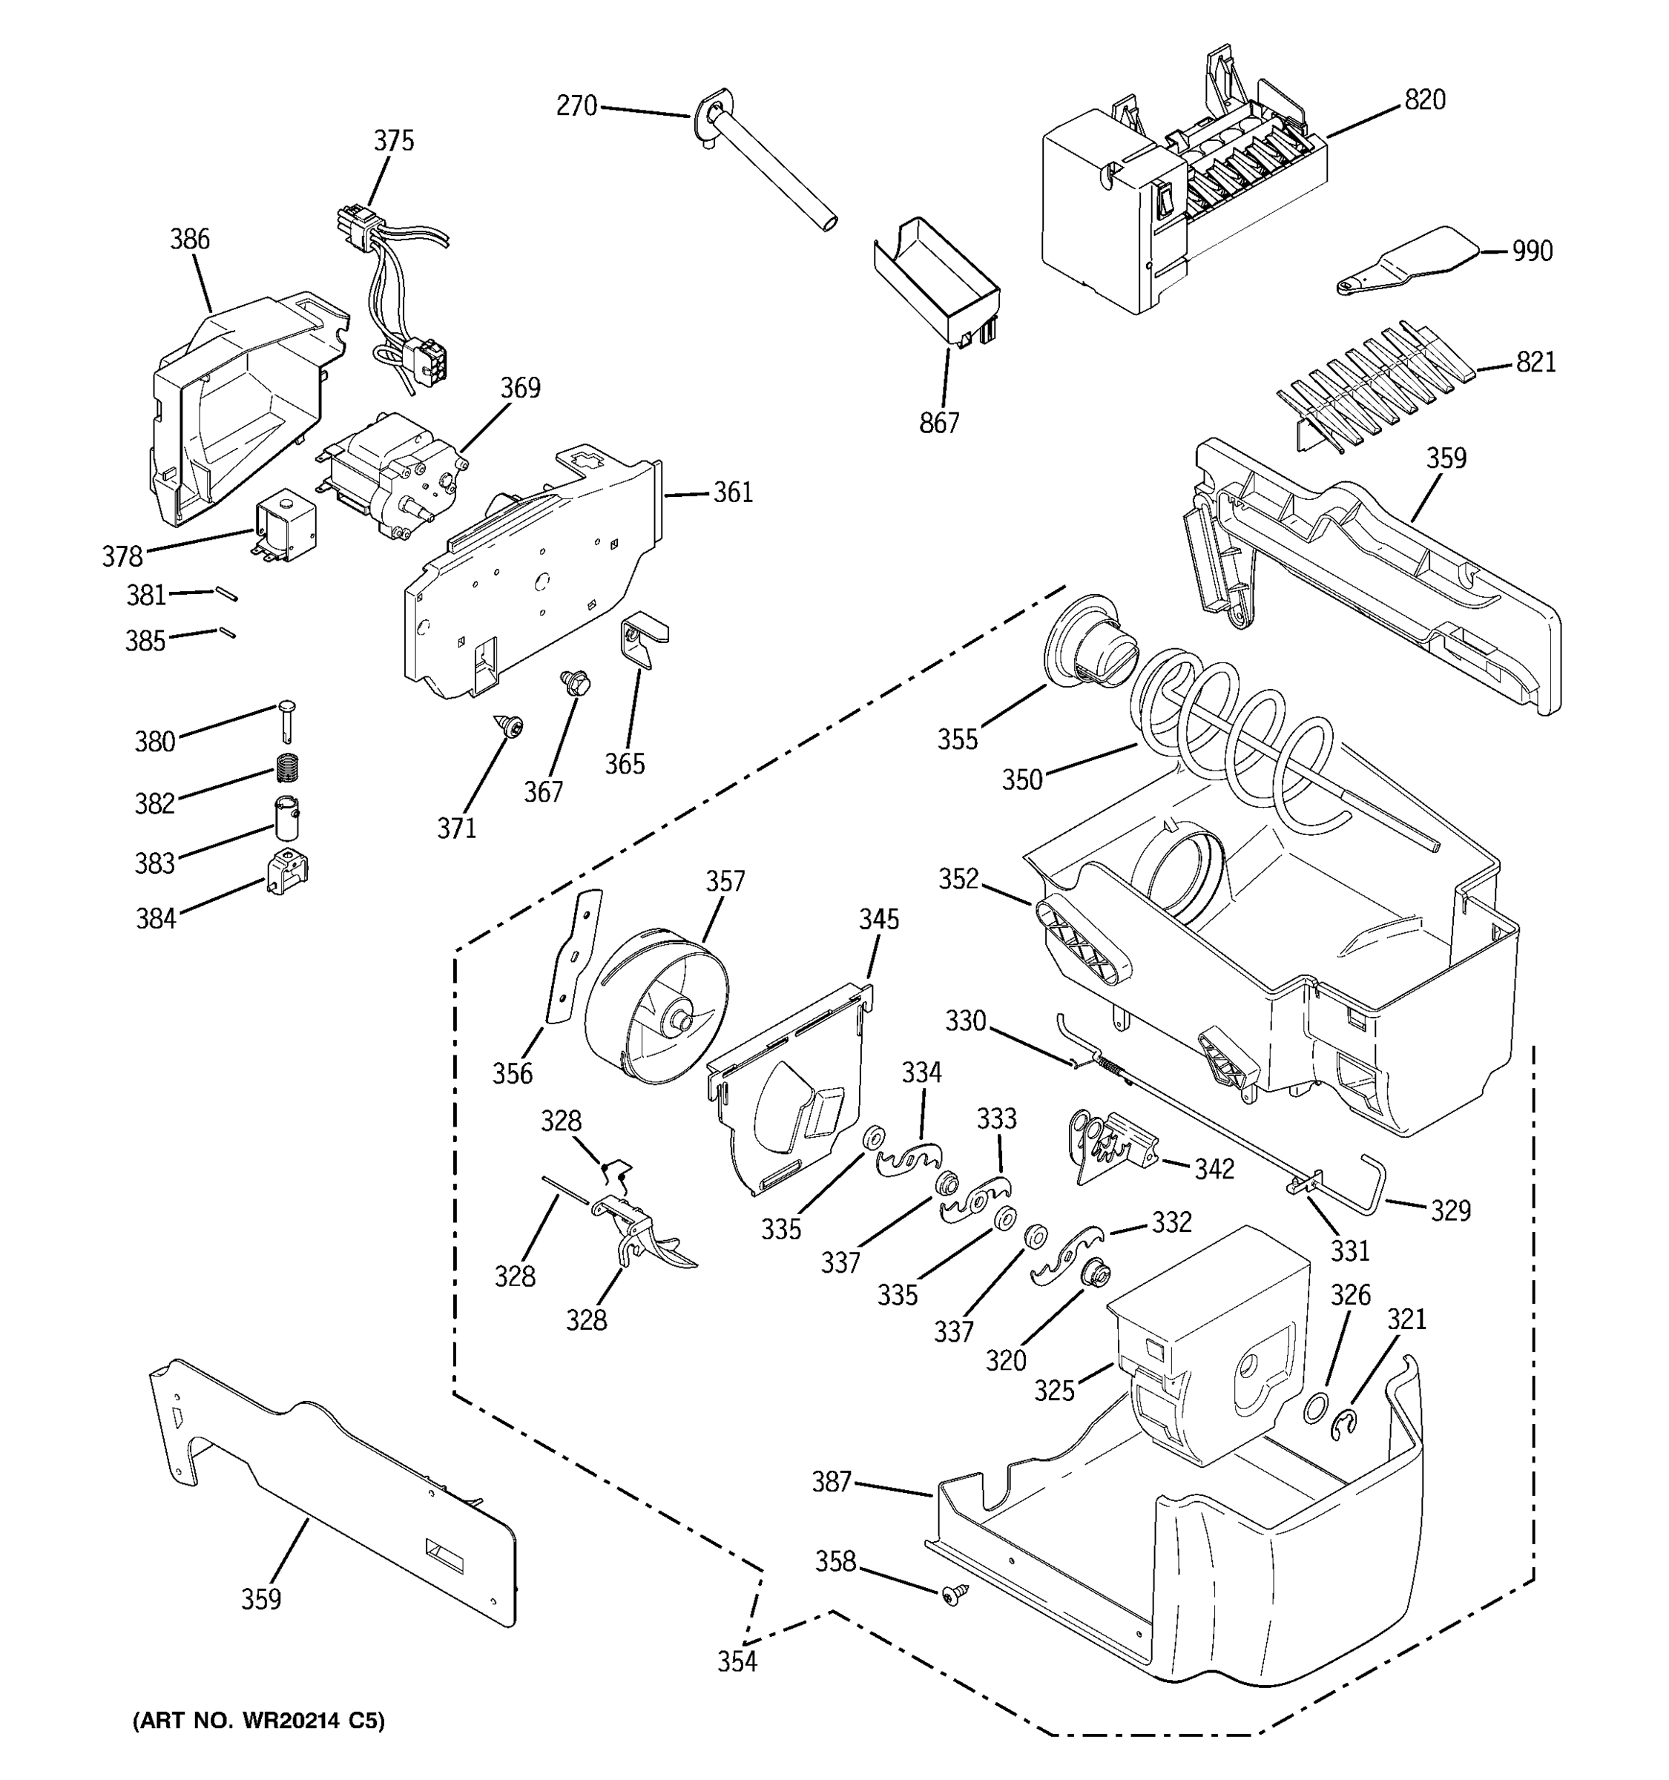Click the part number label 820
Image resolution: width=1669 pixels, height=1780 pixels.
(x=1424, y=99)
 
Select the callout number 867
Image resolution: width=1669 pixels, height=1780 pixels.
(x=938, y=423)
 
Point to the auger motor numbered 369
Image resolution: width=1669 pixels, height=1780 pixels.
(x=394, y=475)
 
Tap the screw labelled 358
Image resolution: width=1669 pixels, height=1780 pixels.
(x=952, y=1594)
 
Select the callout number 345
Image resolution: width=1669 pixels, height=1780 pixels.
(x=878, y=920)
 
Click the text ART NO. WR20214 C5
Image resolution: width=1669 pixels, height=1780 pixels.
(x=259, y=1721)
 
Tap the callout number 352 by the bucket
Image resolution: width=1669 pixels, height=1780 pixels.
(x=958, y=880)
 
